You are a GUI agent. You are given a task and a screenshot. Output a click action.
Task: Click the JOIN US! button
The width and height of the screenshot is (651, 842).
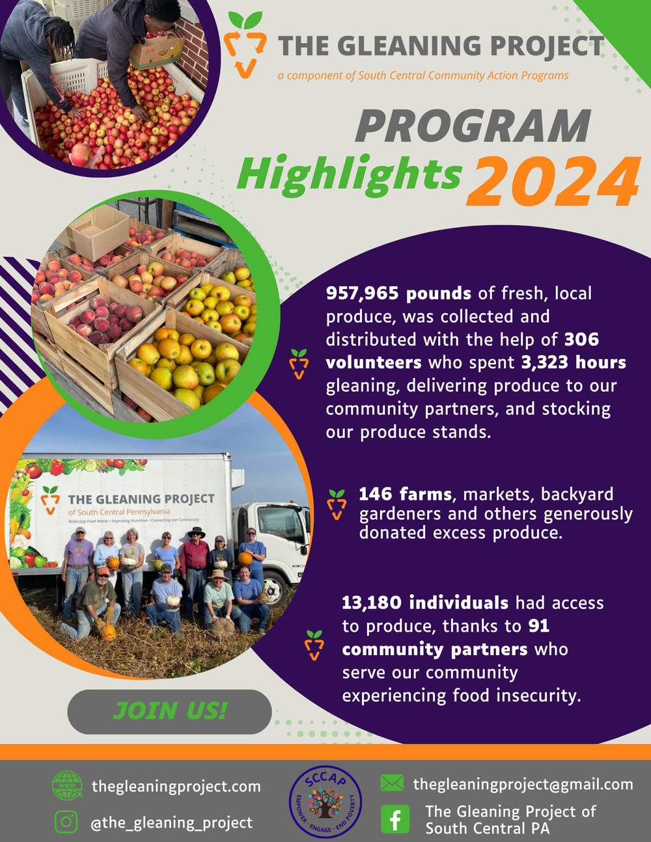click(169, 711)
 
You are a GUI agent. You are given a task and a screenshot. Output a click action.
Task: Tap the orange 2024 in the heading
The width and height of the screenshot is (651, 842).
click(557, 182)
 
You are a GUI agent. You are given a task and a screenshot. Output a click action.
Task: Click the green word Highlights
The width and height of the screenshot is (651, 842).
click(349, 174)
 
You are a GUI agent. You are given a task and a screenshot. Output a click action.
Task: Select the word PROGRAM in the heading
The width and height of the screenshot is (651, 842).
click(473, 126)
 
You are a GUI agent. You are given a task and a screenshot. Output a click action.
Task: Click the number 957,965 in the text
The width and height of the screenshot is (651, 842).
click(363, 293)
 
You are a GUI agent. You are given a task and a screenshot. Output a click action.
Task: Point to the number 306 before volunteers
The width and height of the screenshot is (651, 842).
click(581, 340)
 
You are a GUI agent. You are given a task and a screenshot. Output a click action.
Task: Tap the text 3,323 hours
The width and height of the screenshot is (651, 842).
click(574, 362)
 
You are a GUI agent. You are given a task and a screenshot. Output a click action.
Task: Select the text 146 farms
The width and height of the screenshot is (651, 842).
click(406, 495)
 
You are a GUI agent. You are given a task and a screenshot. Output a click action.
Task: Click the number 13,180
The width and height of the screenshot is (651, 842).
click(372, 603)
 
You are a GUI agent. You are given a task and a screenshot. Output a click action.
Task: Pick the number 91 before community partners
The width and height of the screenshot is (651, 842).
click(538, 626)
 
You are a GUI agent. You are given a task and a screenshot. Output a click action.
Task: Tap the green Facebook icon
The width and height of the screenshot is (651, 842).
click(395, 819)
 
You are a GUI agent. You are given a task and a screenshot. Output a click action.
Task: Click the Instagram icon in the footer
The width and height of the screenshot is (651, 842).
click(66, 822)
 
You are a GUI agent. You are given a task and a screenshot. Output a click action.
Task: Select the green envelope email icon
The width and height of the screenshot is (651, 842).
click(392, 783)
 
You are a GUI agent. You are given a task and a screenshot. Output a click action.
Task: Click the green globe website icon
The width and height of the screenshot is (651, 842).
click(67, 785)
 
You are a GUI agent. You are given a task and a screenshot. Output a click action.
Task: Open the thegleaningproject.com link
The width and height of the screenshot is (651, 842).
click(176, 786)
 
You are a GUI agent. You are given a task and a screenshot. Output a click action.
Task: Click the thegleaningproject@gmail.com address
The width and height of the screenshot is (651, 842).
click(523, 784)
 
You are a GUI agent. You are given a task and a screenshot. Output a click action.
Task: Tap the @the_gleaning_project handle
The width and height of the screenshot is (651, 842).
click(171, 822)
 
